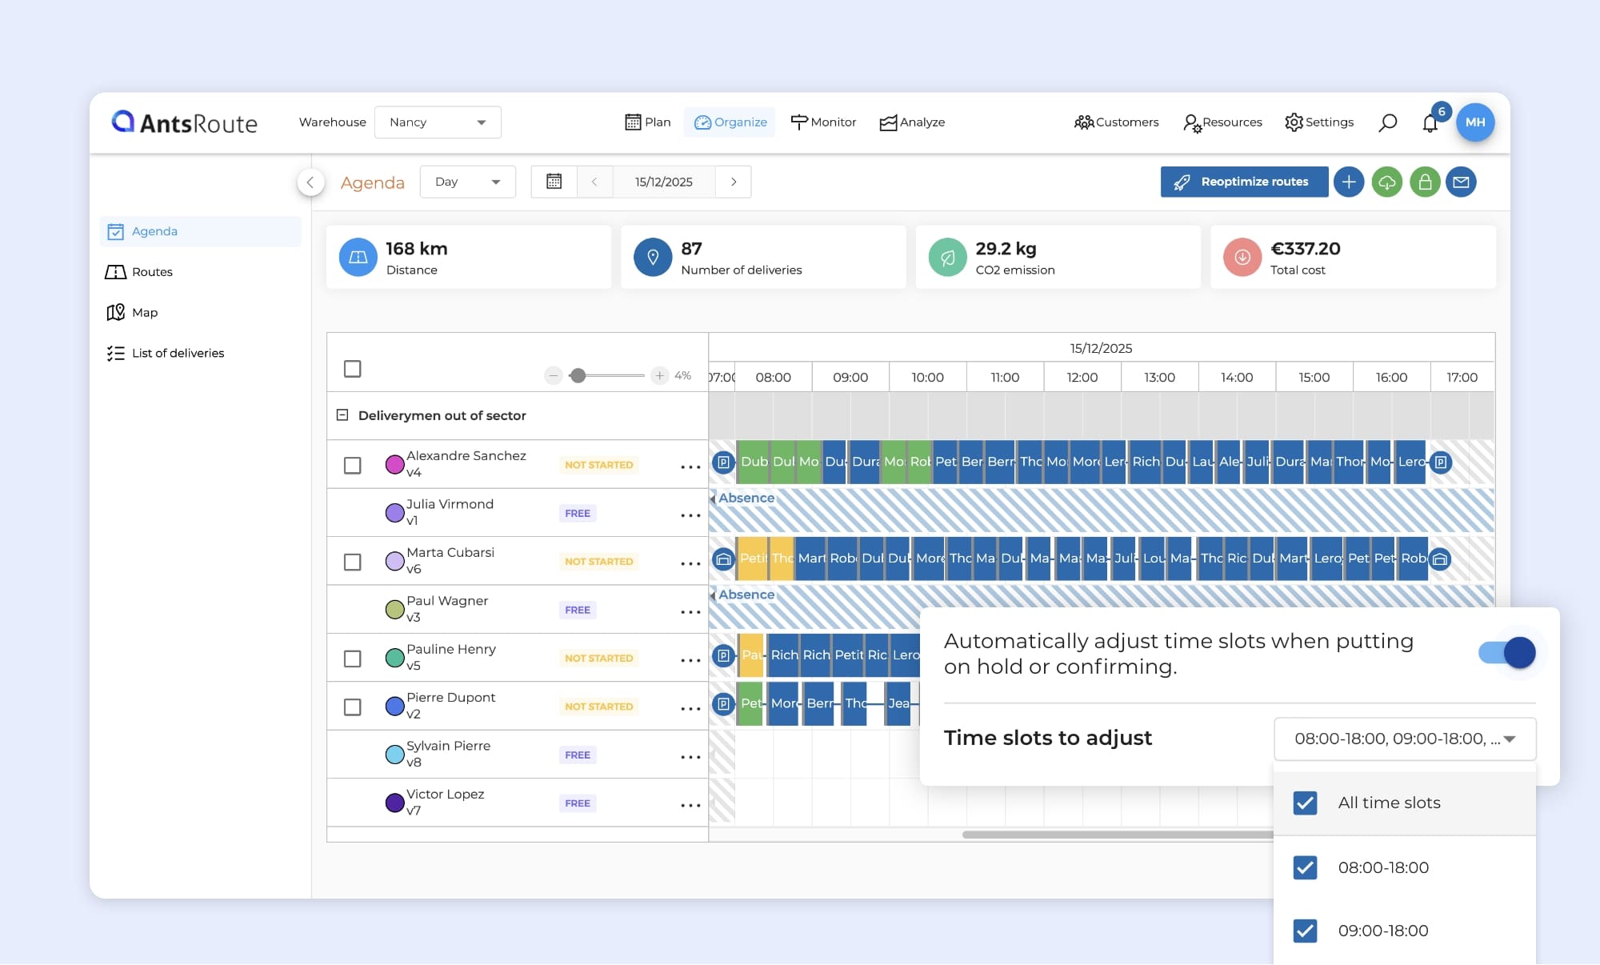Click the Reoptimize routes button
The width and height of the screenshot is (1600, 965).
tap(1244, 182)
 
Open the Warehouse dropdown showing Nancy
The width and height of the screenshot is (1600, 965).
tap(438, 122)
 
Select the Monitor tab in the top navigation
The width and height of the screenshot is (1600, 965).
tap(823, 122)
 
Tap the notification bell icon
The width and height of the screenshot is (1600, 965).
tap(1430, 123)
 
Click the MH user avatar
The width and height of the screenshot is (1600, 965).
tap(1475, 122)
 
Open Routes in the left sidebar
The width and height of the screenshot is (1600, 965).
tap(152, 272)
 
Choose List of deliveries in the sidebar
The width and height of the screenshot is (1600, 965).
tap(178, 353)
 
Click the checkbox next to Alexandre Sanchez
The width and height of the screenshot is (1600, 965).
tap(352, 465)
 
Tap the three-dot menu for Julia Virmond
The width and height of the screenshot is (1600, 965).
tap(690, 515)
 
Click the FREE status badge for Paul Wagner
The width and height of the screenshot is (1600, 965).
tap(578, 610)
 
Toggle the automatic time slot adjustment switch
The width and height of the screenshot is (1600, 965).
tap(1507, 653)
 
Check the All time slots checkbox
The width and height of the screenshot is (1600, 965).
tap(1305, 803)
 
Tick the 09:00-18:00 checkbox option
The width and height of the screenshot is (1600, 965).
tap(1305, 931)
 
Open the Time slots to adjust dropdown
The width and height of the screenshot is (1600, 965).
tap(1404, 739)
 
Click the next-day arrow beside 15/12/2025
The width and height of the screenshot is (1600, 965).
tap(734, 182)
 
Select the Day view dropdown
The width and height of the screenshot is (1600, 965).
tap(467, 182)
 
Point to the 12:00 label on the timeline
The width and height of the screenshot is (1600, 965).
tap(1082, 378)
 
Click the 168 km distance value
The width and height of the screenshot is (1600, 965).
tap(416, 249)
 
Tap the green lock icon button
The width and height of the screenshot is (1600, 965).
tap(1425, 182)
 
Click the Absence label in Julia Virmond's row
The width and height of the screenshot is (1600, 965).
tap(746, 498)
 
